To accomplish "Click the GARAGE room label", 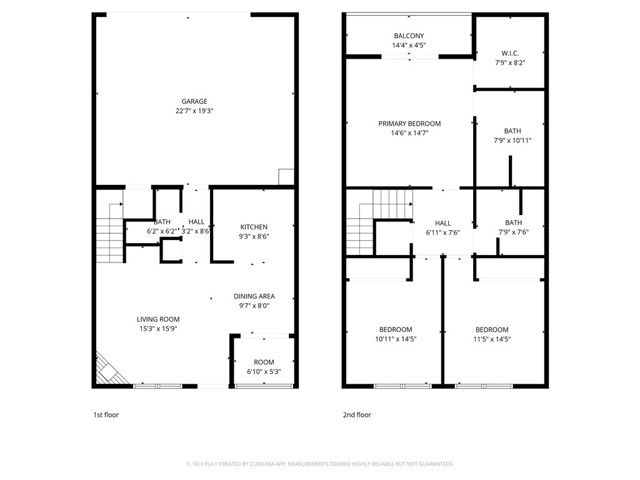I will [194, 101].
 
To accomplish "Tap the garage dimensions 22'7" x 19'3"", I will [194, 110].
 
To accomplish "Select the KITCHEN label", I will [254, 227].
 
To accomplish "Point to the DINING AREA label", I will [254, 297].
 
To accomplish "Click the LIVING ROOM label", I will [159, 319].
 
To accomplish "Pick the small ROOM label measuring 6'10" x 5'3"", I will [264, 362].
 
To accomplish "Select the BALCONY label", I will [408, 36].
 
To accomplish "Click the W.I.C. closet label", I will [510, 53].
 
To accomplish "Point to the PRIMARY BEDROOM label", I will [409, 123].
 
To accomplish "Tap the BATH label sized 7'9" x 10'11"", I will [512, 131].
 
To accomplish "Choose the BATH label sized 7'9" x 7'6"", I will [512, 223].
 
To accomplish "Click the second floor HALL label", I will [442, 223].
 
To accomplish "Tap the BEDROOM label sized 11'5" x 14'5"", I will [491, 330].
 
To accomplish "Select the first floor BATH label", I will [162, 222].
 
